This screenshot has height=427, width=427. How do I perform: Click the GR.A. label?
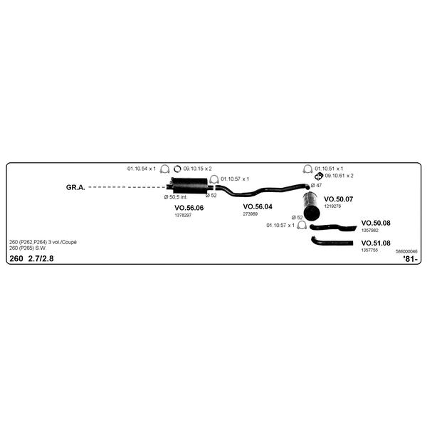(x=75, y=187)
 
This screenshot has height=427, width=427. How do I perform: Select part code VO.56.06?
(x=189, y=208)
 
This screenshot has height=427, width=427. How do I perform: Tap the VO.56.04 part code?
(x=258, y=206)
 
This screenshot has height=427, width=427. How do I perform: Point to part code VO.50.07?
(x=339, y=199)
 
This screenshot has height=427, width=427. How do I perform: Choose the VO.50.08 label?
(x=376, y=223)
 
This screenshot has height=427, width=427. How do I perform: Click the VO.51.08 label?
(x=376, y=243)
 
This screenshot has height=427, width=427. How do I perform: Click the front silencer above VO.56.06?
(x=189, y=186)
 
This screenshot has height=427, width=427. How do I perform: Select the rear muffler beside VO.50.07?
(x=312, y=206)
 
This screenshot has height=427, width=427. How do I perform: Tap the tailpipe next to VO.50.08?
(x=333, y=227)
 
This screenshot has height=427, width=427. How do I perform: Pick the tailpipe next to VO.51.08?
(x=332, y=242)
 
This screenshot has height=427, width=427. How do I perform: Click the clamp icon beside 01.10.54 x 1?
(x=164, y=169)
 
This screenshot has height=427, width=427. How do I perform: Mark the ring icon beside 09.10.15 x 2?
(x=177, y=169)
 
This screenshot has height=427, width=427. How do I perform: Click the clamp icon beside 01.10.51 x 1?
(x=307, y=169)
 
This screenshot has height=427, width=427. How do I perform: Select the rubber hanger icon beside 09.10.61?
(x=319, y=176)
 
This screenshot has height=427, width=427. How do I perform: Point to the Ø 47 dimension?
(x=316, y=186)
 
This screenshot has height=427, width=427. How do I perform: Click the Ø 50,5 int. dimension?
(x=176, y=197)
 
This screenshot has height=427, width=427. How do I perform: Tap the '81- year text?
(x=410, y=259)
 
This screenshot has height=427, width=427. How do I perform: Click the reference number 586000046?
(x=406, y=251)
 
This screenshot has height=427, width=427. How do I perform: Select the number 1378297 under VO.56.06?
(x=183, y=215)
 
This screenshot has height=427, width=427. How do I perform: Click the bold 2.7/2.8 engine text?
(x=41, y=258)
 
